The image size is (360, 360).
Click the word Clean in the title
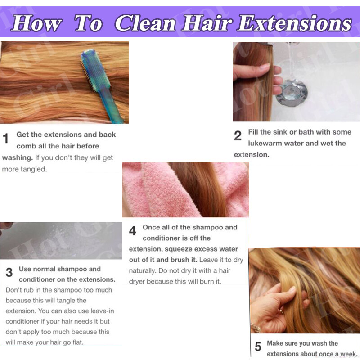(x=145, y=23)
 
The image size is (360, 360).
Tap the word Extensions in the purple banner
(x=294, y=23)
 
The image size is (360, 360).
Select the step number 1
(x=5, y=139)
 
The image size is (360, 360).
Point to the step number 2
(x=238, y=135)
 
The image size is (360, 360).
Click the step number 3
(x=9, y=272)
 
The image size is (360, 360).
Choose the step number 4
(x=132, y=231)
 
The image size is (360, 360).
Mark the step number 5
(x=258, y=346)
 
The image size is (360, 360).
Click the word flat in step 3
(x=78, y=342)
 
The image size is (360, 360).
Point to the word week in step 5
(x=349, y=354)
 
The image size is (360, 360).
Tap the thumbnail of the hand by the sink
(x=265, y=67)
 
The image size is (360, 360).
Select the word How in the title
(x=37, y=23)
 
